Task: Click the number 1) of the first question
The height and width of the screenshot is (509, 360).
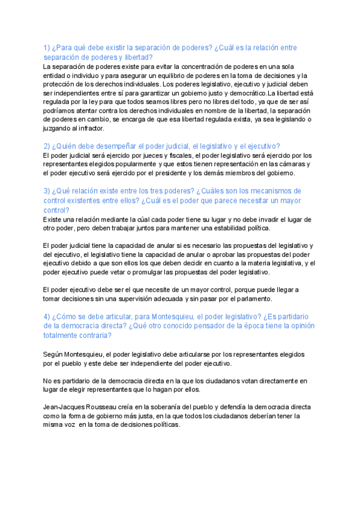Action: [x=47, y=47]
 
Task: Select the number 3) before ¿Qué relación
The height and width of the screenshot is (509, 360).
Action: [x=47, y=191]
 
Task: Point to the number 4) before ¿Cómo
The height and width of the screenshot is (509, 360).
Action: [x=47, y=317]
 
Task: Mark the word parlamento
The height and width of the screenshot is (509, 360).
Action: [x=253, y=299]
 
